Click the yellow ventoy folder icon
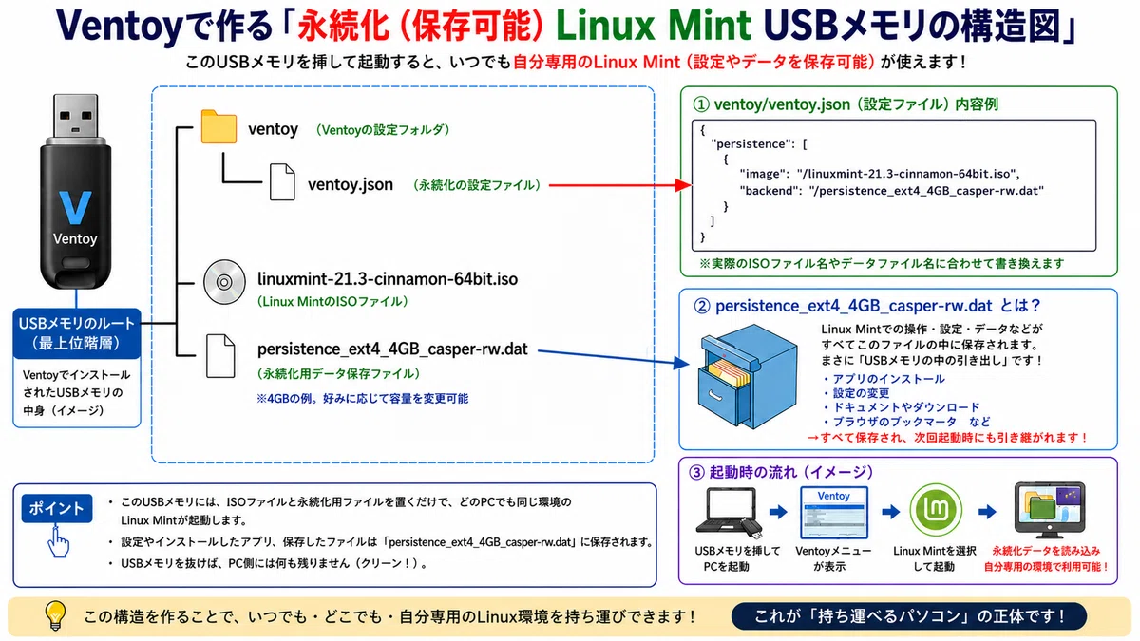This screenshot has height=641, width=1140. pos(218,126)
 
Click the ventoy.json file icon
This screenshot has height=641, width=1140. pos(282,181)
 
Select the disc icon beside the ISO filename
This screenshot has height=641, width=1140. pos(224,282)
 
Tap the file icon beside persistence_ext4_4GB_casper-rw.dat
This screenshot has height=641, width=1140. pos(220,356)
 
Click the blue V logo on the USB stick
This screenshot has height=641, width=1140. pos(75,207)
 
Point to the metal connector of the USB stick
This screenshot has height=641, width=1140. pos(76,116)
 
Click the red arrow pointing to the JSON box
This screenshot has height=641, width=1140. pos(620,185)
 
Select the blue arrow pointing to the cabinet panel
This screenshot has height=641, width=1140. pos(614,357)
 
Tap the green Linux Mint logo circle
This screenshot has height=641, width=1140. pos(936,510)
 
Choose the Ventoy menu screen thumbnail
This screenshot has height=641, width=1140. pos(834,512)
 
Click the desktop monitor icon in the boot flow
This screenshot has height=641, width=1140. pos(1049,510)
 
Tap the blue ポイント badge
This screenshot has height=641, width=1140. pos(57,508)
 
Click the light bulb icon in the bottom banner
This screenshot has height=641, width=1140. pos(55,615)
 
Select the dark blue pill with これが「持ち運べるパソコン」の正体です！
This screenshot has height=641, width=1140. pos(908,616)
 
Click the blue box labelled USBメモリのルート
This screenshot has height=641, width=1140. pos(77,333)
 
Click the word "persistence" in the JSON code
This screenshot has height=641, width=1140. pos(750,144)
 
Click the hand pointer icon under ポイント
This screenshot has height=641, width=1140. pos(58,542)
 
